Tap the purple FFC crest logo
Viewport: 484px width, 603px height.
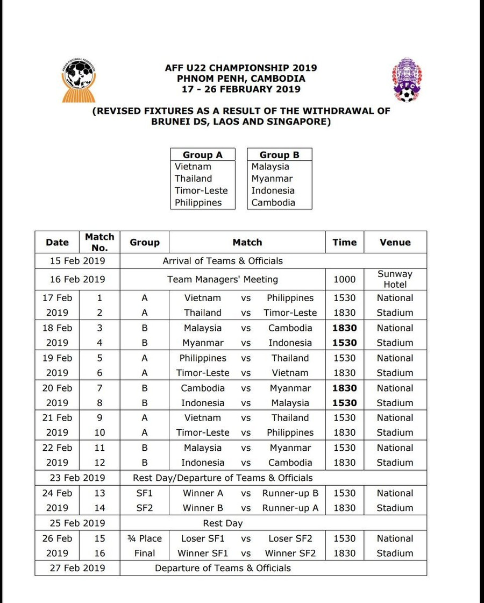click(x=407, y=80)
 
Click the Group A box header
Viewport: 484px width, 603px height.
click(x=202, y=155)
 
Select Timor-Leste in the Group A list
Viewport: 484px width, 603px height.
click(x=201, y=190)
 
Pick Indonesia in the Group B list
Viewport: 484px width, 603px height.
click(x=273, y=190)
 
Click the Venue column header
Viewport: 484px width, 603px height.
click(x=395, y=242)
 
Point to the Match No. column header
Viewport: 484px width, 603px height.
click(x=99, y=242)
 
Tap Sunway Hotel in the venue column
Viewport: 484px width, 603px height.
click(x=395, y=279)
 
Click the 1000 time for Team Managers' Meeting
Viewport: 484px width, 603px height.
click(x=344, y=279)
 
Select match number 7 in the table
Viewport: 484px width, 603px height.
click(x=99, y=388)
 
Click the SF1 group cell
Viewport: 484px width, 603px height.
click(x=144, y=493)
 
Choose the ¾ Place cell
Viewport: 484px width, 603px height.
click(x=144, y=538)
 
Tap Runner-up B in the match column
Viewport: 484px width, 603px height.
click(x=290, y=493)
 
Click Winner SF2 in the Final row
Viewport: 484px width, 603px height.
click(x=290, y=553)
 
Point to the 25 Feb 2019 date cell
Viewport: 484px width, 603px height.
click(x=77, y=523)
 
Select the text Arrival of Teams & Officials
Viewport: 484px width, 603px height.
click(x=222, y=261)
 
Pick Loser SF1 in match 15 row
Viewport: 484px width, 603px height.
click(x=203, y=538)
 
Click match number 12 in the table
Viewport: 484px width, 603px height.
click(x=99, y=463)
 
